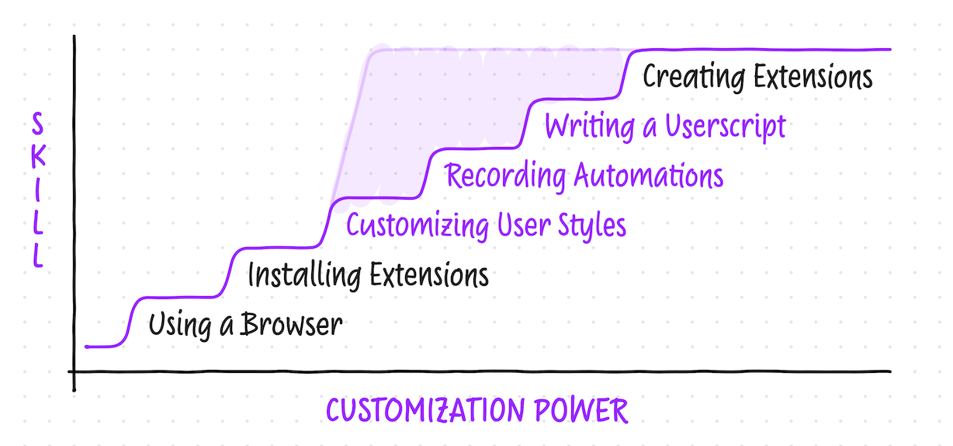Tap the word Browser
click(291, 324)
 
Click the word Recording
click(505, 176)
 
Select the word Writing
click(590, 126)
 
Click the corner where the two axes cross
click(75, 371)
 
